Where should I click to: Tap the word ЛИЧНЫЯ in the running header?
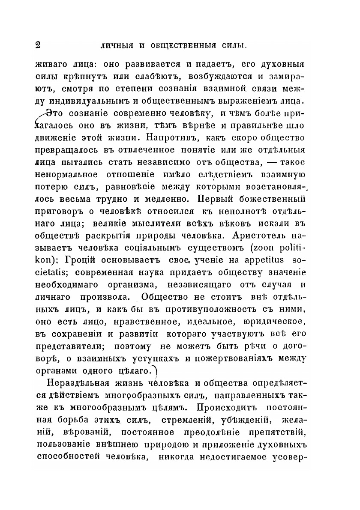[116, 45]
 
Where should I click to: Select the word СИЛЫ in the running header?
[234, 45]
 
